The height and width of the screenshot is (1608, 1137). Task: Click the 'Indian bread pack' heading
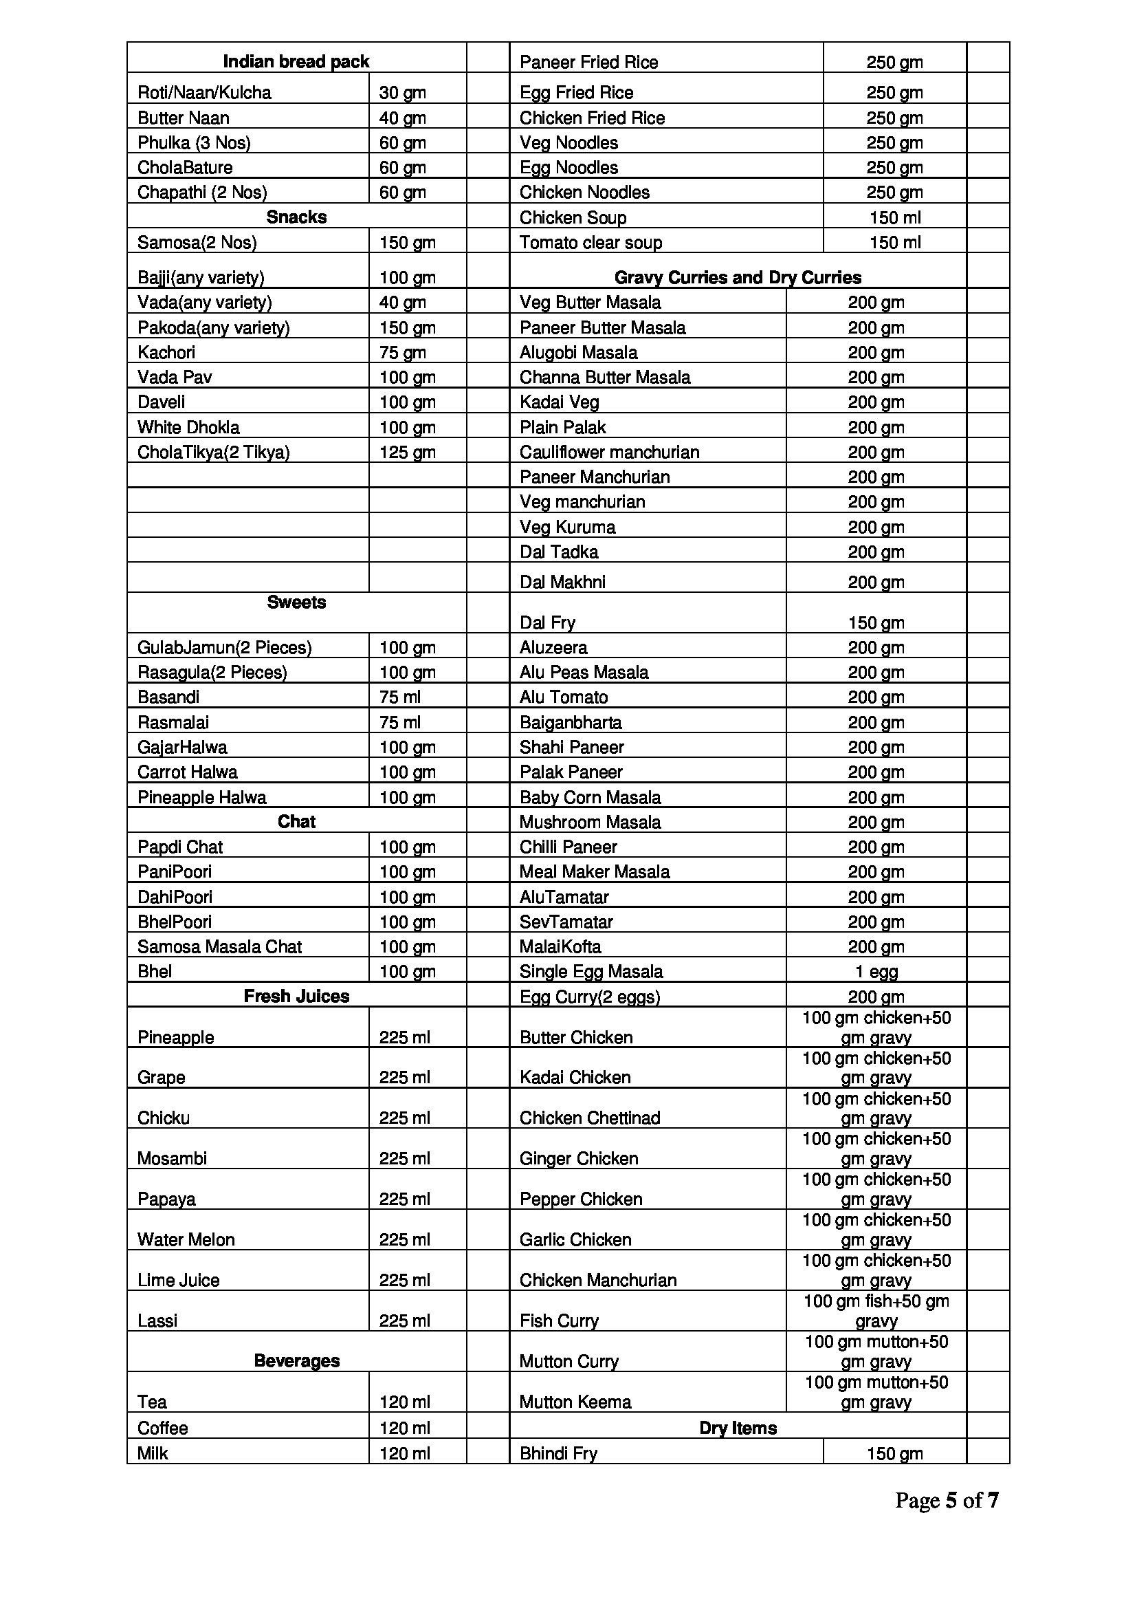296,63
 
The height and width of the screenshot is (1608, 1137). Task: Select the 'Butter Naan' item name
184,118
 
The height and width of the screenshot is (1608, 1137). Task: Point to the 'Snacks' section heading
296,217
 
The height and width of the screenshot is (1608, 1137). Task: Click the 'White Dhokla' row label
188,427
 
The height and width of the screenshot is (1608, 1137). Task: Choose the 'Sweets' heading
296,602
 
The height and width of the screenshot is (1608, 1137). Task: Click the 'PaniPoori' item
175,871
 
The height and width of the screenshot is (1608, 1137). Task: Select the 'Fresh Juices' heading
296,996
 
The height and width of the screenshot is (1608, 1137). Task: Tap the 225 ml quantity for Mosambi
405,1158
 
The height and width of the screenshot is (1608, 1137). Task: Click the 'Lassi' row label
157,1320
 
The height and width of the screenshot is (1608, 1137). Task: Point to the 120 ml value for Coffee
405,1428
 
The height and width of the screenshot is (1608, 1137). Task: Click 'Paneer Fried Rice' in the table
589,63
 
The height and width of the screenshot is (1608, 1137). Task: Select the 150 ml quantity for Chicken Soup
895,217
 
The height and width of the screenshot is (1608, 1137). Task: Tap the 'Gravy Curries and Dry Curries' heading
738,277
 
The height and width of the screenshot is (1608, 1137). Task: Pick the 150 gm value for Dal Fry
876,622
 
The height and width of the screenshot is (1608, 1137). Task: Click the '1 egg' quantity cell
876,971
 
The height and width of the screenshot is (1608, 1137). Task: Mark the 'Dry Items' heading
738,1428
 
